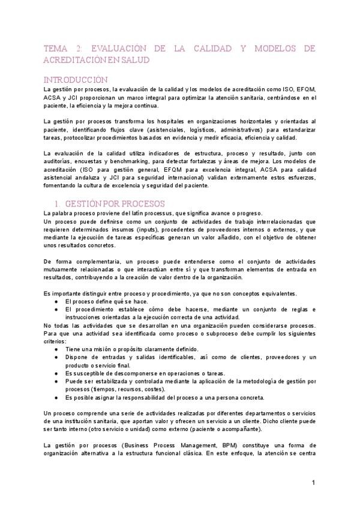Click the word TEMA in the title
[56, 48]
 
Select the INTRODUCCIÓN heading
[77, 80]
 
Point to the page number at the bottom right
[313, 483]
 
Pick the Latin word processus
[160, 213]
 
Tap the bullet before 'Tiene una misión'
[56, 349]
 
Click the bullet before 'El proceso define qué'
[56, 301]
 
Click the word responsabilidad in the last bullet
[134, 397]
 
